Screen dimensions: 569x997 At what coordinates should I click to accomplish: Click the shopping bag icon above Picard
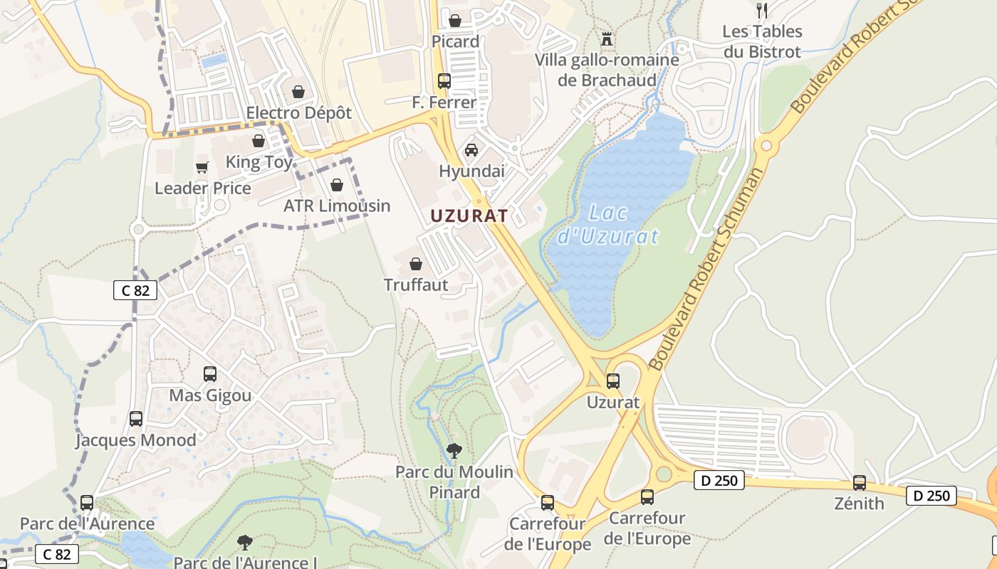(455, 19)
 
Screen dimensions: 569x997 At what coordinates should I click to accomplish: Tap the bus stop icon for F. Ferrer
(444, 80)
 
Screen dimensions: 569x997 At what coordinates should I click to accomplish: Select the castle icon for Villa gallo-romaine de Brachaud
(607, 38)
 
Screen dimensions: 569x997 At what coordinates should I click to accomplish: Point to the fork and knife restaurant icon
(762, 10)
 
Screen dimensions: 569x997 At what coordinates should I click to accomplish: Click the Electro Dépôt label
(299, 113)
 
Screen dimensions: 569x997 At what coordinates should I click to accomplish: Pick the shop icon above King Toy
(259, 141)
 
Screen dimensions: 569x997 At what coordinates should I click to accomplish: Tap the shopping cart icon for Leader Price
(202, 167)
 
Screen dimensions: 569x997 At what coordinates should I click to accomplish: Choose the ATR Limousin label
(337, 206)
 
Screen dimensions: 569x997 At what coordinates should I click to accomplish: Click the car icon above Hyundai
(471, 149)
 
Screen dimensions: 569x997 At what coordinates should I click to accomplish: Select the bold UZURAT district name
(469, 216)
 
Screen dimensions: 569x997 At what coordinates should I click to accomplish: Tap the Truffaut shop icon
(416, 264)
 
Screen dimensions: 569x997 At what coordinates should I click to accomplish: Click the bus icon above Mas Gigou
(210, 373)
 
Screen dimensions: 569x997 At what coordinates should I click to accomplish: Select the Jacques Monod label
(136, 440)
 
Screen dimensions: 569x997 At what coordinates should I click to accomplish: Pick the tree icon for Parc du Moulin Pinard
(454, 450)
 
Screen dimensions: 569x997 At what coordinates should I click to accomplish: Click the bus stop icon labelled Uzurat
(612, 381)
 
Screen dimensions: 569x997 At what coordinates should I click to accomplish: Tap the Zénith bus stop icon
(860, 483)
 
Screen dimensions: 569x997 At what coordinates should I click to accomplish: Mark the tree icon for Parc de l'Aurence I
(245, 542)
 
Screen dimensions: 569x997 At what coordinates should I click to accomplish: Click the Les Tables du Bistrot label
(762, 41)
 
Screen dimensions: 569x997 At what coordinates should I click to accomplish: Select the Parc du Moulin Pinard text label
(454, 482)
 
